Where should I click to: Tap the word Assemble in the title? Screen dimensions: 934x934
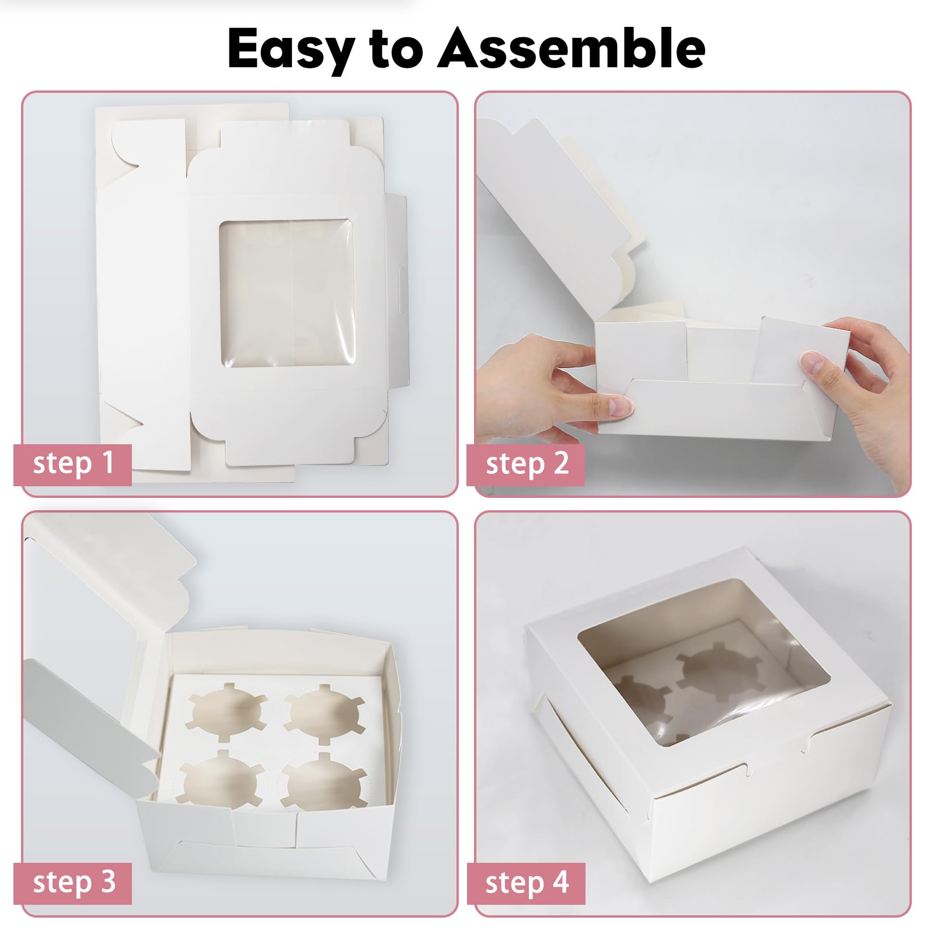(x=571, y=48)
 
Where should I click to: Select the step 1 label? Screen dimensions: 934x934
(x=73, y=464)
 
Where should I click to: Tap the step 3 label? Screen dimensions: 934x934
(x=73, y=883)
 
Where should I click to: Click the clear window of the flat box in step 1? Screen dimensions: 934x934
(x=287, y=293)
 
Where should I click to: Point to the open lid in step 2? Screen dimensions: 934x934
(x=555, y=210)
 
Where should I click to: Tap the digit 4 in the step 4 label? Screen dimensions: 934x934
(x=561, y=882)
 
